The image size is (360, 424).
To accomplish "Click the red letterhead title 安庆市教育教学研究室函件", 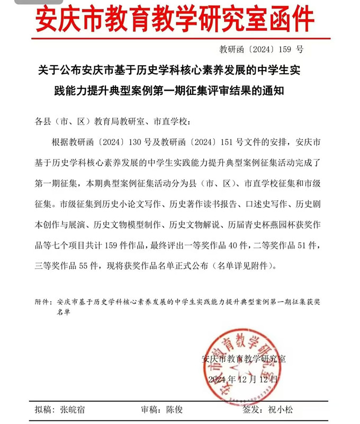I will [x=175, y=20].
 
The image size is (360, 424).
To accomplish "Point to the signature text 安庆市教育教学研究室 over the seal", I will [x=244, y=358].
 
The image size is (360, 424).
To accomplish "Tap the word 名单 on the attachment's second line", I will [x=63, y=312].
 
